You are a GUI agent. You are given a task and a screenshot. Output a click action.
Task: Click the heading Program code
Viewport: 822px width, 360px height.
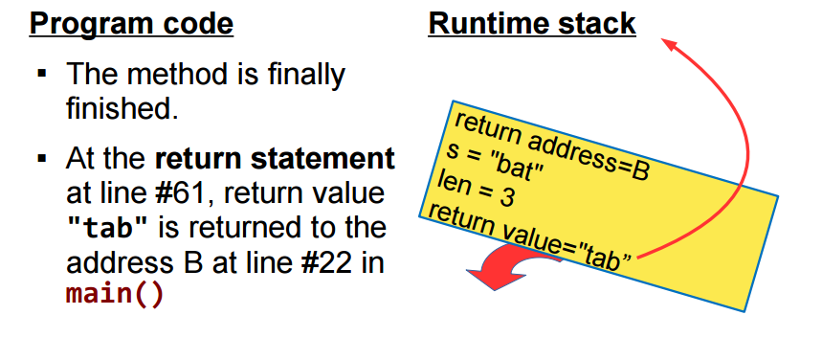131,23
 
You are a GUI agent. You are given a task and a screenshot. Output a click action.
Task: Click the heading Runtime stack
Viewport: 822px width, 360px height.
532,23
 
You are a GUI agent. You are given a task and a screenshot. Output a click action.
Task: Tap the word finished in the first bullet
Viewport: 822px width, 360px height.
122,107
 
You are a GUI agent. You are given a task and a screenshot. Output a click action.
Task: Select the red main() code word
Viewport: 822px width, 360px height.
115,293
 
